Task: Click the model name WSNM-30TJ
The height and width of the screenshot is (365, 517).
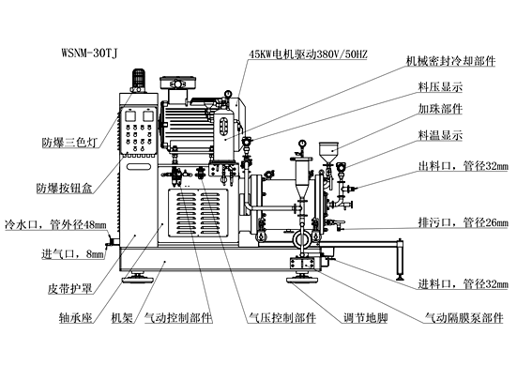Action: click(x=89, y=53)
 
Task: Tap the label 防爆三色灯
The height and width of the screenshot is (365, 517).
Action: click(x=69, y=143)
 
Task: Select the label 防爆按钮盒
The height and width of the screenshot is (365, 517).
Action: click(x=65, y=188)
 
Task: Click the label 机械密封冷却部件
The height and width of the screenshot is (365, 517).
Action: click(x=450, y=61)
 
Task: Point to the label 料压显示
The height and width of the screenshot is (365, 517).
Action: click(x=440, y=86)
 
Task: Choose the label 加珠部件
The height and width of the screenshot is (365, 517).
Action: click(x=440, y=109)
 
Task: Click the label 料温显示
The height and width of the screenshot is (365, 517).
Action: click(x=440, y=135)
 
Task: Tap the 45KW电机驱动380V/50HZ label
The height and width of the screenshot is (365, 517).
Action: click(x=308, y=54)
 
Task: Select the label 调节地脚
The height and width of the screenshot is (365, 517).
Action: click(x=365, y=318)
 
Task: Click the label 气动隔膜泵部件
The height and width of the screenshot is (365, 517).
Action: click(x=464, y=318)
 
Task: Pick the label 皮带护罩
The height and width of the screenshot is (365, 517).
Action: click(x=69, y=289)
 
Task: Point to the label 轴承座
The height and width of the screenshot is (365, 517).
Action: click(x=75, y=318)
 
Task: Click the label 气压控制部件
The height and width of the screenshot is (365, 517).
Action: click(x=282, y=318)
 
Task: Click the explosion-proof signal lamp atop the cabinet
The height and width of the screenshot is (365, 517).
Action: click(x=139, y=80)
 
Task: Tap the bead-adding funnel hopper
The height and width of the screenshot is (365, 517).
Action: click(x=328, y=153)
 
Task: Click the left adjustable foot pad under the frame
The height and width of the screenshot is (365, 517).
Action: click(x=138, y=279)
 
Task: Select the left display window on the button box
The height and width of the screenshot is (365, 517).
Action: click(x=129, y=115)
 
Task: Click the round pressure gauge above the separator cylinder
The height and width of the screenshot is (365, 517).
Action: click(x=301, y=144)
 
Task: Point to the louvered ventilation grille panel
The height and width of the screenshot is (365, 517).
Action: click(x=198, y=213)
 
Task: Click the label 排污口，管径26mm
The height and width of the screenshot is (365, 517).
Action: click(x=463, y=222)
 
